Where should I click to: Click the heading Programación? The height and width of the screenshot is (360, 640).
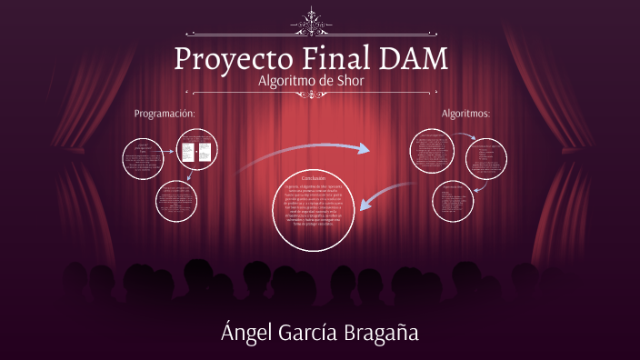tap(165, 114)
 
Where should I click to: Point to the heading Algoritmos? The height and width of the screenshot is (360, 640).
tap(466, 114)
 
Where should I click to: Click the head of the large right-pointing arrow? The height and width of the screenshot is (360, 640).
tap(365, 148)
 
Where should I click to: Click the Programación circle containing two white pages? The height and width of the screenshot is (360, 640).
tap(199, 151)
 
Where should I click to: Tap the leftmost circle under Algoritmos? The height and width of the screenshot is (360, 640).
tap(432, 151)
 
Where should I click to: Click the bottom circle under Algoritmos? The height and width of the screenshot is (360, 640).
tap(453, 203)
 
